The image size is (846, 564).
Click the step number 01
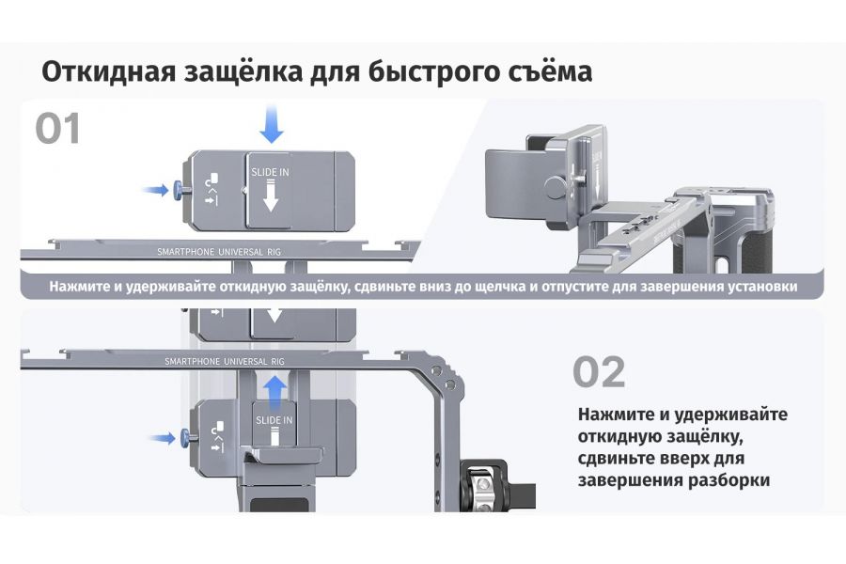(x=58, y=128)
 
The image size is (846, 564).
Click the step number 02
(x=599, y=372)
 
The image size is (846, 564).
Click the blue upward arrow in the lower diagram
(x=274, y=388)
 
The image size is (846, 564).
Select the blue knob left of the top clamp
(x=179, y=190)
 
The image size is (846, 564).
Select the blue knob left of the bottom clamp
(x=179, y=437)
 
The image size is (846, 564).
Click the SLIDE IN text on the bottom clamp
(x=274, y=419)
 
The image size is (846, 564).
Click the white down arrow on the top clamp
(x=272, y=196)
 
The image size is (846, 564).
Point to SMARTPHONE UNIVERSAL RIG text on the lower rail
(x=224, y=360)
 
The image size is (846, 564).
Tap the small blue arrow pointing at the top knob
(x=154, y=190)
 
